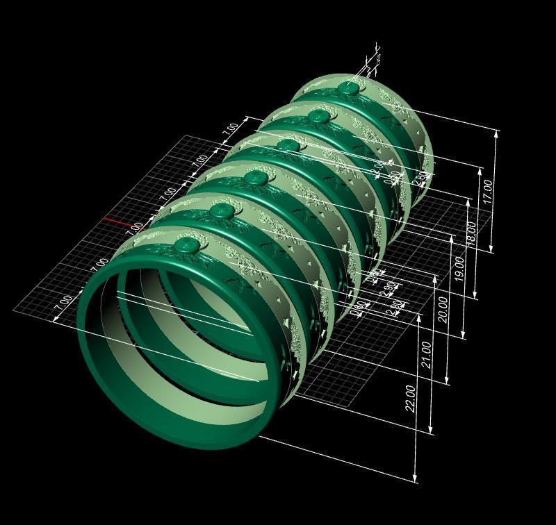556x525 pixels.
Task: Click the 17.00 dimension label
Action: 489,191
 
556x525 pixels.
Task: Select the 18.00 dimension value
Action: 473,234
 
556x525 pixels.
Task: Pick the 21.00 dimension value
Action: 427,355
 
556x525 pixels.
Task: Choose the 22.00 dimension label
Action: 411,397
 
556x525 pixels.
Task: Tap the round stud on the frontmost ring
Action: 188,244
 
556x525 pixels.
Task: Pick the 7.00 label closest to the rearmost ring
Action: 230,129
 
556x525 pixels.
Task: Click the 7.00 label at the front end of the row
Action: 63,303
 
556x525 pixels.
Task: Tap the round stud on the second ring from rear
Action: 318,115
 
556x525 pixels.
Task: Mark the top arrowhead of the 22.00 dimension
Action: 420,317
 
